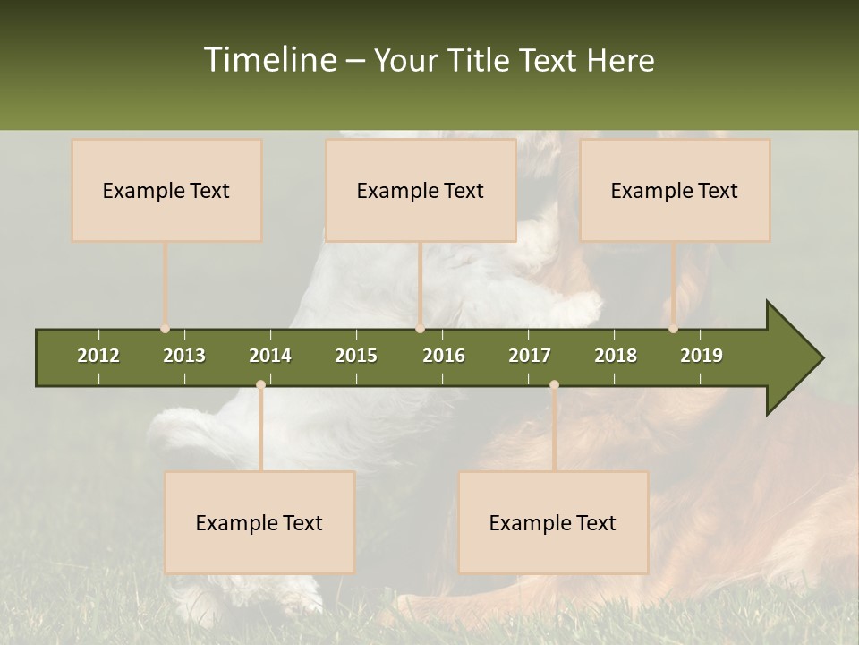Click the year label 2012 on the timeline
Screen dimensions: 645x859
(98, 356)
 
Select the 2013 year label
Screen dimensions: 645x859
(184, 356)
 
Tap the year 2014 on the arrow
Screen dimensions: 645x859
(270, 356)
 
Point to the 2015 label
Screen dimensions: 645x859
(356, 356)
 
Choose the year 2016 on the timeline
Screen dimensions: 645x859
(444, 356)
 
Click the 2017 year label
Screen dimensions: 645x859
(530, 356)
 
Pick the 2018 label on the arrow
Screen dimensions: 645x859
(616, 356)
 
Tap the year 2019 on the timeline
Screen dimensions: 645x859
(702, 356)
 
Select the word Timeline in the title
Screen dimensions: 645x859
(269, 60)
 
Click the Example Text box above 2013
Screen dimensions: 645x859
(166, 190)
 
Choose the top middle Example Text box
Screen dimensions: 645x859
(421, 190)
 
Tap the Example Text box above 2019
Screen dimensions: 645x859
(675, 190)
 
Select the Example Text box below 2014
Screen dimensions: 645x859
(259, 522)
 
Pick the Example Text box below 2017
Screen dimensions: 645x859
(553, 522)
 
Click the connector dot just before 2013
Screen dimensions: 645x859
(166, 329)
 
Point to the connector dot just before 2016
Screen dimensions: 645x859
(420, 329)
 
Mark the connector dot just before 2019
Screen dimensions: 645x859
(674, 329)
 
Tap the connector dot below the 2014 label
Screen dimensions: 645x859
(260, 384)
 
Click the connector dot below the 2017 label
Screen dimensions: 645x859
(554, 384)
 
